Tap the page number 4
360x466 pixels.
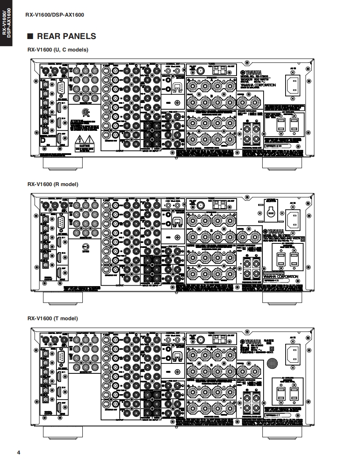(x=19, y=452)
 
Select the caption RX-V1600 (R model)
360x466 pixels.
(x=53, y=184)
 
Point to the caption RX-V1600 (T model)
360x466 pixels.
(x=53, y=319)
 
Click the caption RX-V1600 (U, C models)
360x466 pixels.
(x=58, y=49)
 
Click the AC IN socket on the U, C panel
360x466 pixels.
(x=294, y=84)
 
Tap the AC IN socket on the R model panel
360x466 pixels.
(x=294, y=218)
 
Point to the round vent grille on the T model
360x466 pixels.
(x=271, y=362)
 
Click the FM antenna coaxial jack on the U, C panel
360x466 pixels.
(x=200, y=71)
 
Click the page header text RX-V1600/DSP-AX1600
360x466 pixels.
(x=55, y=15)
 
